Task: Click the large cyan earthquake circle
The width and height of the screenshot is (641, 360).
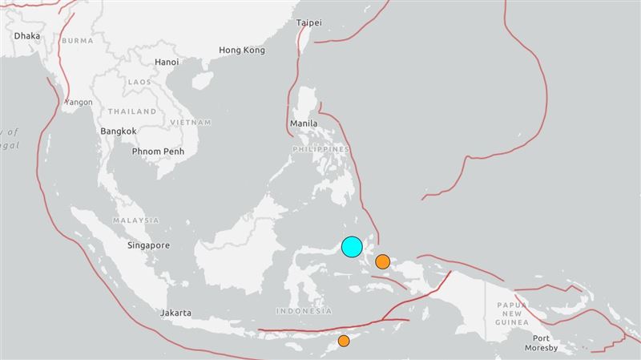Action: point(352,247)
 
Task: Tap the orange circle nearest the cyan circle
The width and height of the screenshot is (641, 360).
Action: point(383,261)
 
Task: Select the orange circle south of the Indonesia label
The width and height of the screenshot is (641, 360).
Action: point(344,341)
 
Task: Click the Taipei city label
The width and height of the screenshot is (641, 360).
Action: point(308,23)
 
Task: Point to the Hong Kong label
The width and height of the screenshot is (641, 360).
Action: point(241,50)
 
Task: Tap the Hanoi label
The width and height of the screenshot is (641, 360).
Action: point(167,62)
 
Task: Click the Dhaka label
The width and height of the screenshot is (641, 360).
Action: point(28,36)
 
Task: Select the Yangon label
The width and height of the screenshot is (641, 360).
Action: point(79,103)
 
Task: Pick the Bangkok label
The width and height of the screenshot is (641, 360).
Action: point(119,131)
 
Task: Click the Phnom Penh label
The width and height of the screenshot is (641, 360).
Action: point(159,151)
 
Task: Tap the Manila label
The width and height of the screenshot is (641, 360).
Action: point(305,124)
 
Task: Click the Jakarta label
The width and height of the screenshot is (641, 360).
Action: point(175,313)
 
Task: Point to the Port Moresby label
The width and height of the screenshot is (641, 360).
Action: point(535,343)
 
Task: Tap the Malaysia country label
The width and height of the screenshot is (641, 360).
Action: point(136,220)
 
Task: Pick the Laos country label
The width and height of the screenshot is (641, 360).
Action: point(139,82)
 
